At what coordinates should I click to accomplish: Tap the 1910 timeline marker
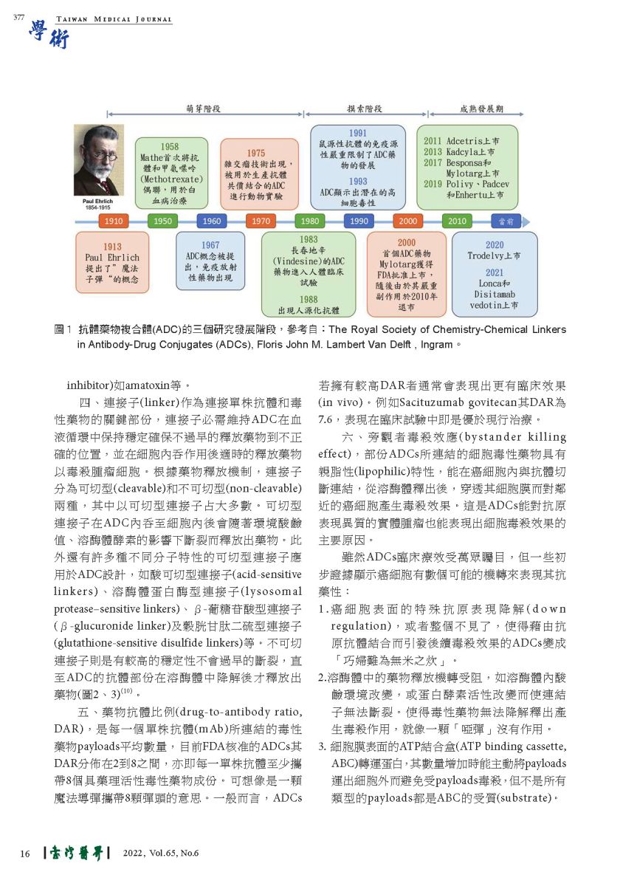point(113,221)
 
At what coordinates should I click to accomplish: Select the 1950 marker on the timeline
point(162,221)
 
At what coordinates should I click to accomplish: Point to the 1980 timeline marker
point(310,221)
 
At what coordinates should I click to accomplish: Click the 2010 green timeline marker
point(457,221)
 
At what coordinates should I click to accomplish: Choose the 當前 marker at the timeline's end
point(506,221)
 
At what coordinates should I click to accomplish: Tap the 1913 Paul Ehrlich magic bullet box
point(112,263)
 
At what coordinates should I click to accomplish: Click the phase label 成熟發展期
point(481,109)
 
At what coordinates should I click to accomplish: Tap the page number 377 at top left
point(20,18)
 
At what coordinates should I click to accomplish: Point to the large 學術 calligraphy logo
point(49,35)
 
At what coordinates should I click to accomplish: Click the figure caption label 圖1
point(62,330)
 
